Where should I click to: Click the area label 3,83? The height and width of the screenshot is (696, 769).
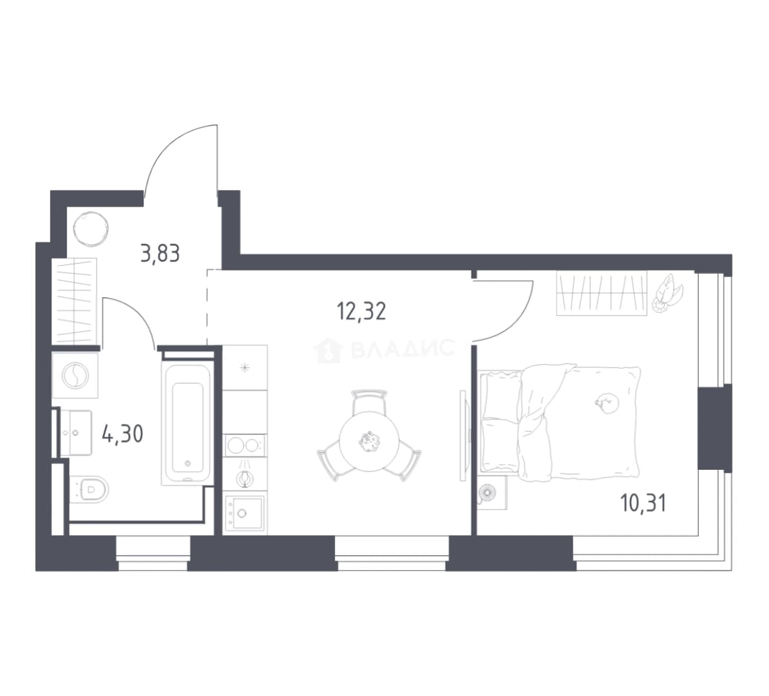coord(160,254)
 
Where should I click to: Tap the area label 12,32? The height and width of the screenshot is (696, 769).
coord(361,311)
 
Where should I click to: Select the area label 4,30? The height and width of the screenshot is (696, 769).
coord(122,434)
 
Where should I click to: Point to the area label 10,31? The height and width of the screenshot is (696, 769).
coord(643,503)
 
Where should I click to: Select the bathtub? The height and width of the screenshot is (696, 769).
coord(187,423)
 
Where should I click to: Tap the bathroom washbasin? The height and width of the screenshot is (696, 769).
coord(76,432)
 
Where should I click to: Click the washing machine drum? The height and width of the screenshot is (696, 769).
coord(75,376)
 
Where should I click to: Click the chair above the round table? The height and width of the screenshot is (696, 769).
coord(369,403)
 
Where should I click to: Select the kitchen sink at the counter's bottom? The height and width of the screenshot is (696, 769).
coord(245,514)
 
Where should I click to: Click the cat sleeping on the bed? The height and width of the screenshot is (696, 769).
coord(607,403)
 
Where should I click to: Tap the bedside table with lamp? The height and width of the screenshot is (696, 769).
coord(492,492)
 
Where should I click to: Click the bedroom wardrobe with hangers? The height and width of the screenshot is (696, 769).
coord(602,293)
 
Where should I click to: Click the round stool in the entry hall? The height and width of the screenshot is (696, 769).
coord(91,229)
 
